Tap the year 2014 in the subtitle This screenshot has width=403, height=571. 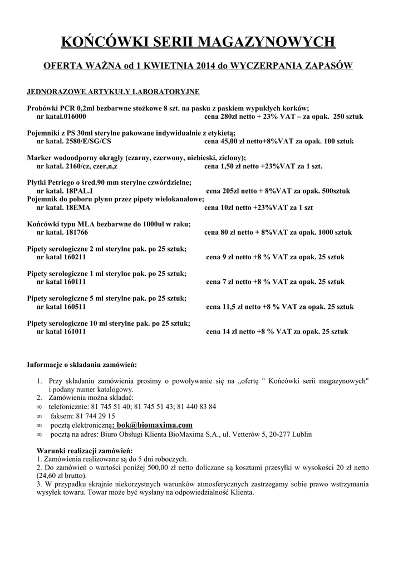[205, 66]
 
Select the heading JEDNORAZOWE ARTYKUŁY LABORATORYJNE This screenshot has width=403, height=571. [113, 91]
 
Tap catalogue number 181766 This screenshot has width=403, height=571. [76, 231]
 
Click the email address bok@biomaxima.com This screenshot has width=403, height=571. [158, 425]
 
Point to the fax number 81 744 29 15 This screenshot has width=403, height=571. [97, 416]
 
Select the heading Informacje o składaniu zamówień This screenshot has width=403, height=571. [82, 365]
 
